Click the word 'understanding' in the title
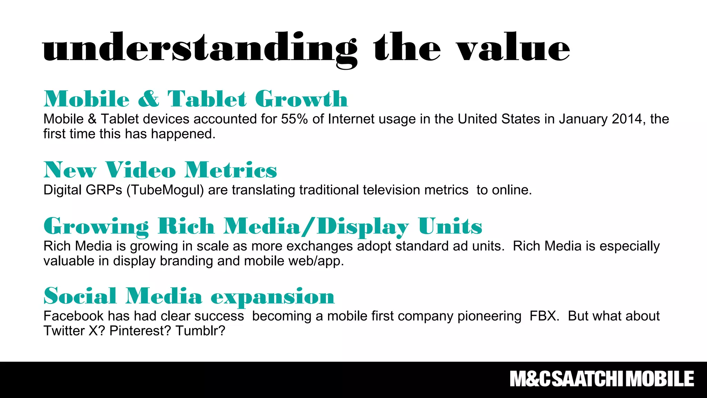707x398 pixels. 200,48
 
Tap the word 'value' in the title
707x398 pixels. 513,48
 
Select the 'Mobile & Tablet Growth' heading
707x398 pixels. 195,99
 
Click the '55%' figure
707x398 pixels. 294,119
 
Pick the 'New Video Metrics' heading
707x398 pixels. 160,170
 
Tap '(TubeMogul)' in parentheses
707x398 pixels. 165,190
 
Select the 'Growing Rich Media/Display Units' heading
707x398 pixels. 263,226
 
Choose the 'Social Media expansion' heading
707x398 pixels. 189,296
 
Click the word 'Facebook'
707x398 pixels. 73,316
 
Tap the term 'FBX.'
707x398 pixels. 544,316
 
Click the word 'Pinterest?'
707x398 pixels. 140,331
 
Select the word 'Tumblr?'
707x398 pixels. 200,331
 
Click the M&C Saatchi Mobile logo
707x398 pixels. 602,379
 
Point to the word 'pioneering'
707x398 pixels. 490,316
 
